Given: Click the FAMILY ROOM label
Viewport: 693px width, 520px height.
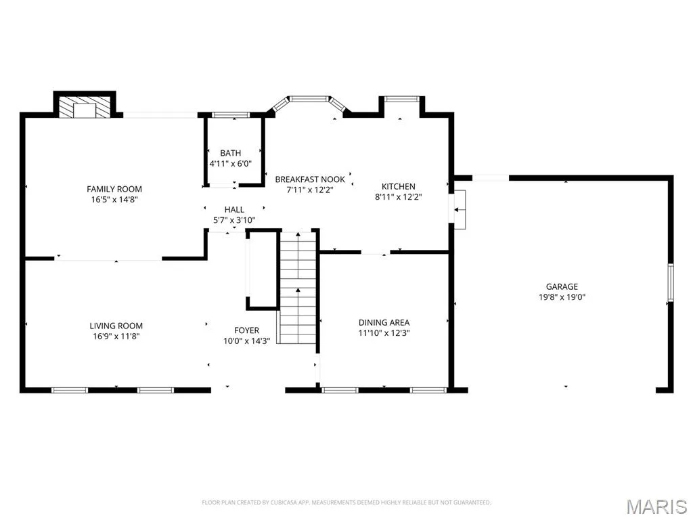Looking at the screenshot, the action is coord(114,190).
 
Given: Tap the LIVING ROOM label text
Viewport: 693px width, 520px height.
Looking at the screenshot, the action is coord(116,326).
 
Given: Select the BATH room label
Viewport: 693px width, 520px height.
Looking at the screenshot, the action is coord(231,153).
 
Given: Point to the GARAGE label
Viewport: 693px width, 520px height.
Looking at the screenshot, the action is coord(562,286).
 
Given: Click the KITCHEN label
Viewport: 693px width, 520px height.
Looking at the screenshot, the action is coord(398,187).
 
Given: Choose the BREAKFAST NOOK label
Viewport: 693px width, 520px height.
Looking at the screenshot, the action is coord(310,179).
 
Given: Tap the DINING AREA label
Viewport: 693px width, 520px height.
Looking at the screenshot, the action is coord(384,322).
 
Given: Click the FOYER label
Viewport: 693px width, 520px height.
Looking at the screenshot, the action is coord(246,330).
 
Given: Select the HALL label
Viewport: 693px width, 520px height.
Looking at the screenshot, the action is coord(234,210).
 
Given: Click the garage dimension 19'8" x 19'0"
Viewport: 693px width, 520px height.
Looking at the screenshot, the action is coord(562,297).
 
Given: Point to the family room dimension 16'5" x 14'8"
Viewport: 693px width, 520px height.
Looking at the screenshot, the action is coord(114,200).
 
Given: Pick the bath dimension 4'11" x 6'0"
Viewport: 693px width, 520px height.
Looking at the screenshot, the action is coord(230,164).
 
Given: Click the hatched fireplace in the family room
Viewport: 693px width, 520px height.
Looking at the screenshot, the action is coord(85,108).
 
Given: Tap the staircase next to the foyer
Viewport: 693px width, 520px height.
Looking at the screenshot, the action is coord(298,287).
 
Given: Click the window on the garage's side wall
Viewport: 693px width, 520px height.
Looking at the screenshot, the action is coord(671,282).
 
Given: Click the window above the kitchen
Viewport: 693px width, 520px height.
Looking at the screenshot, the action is coord(401,99).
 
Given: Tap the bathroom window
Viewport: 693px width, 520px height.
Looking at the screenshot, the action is coord(231,115).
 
